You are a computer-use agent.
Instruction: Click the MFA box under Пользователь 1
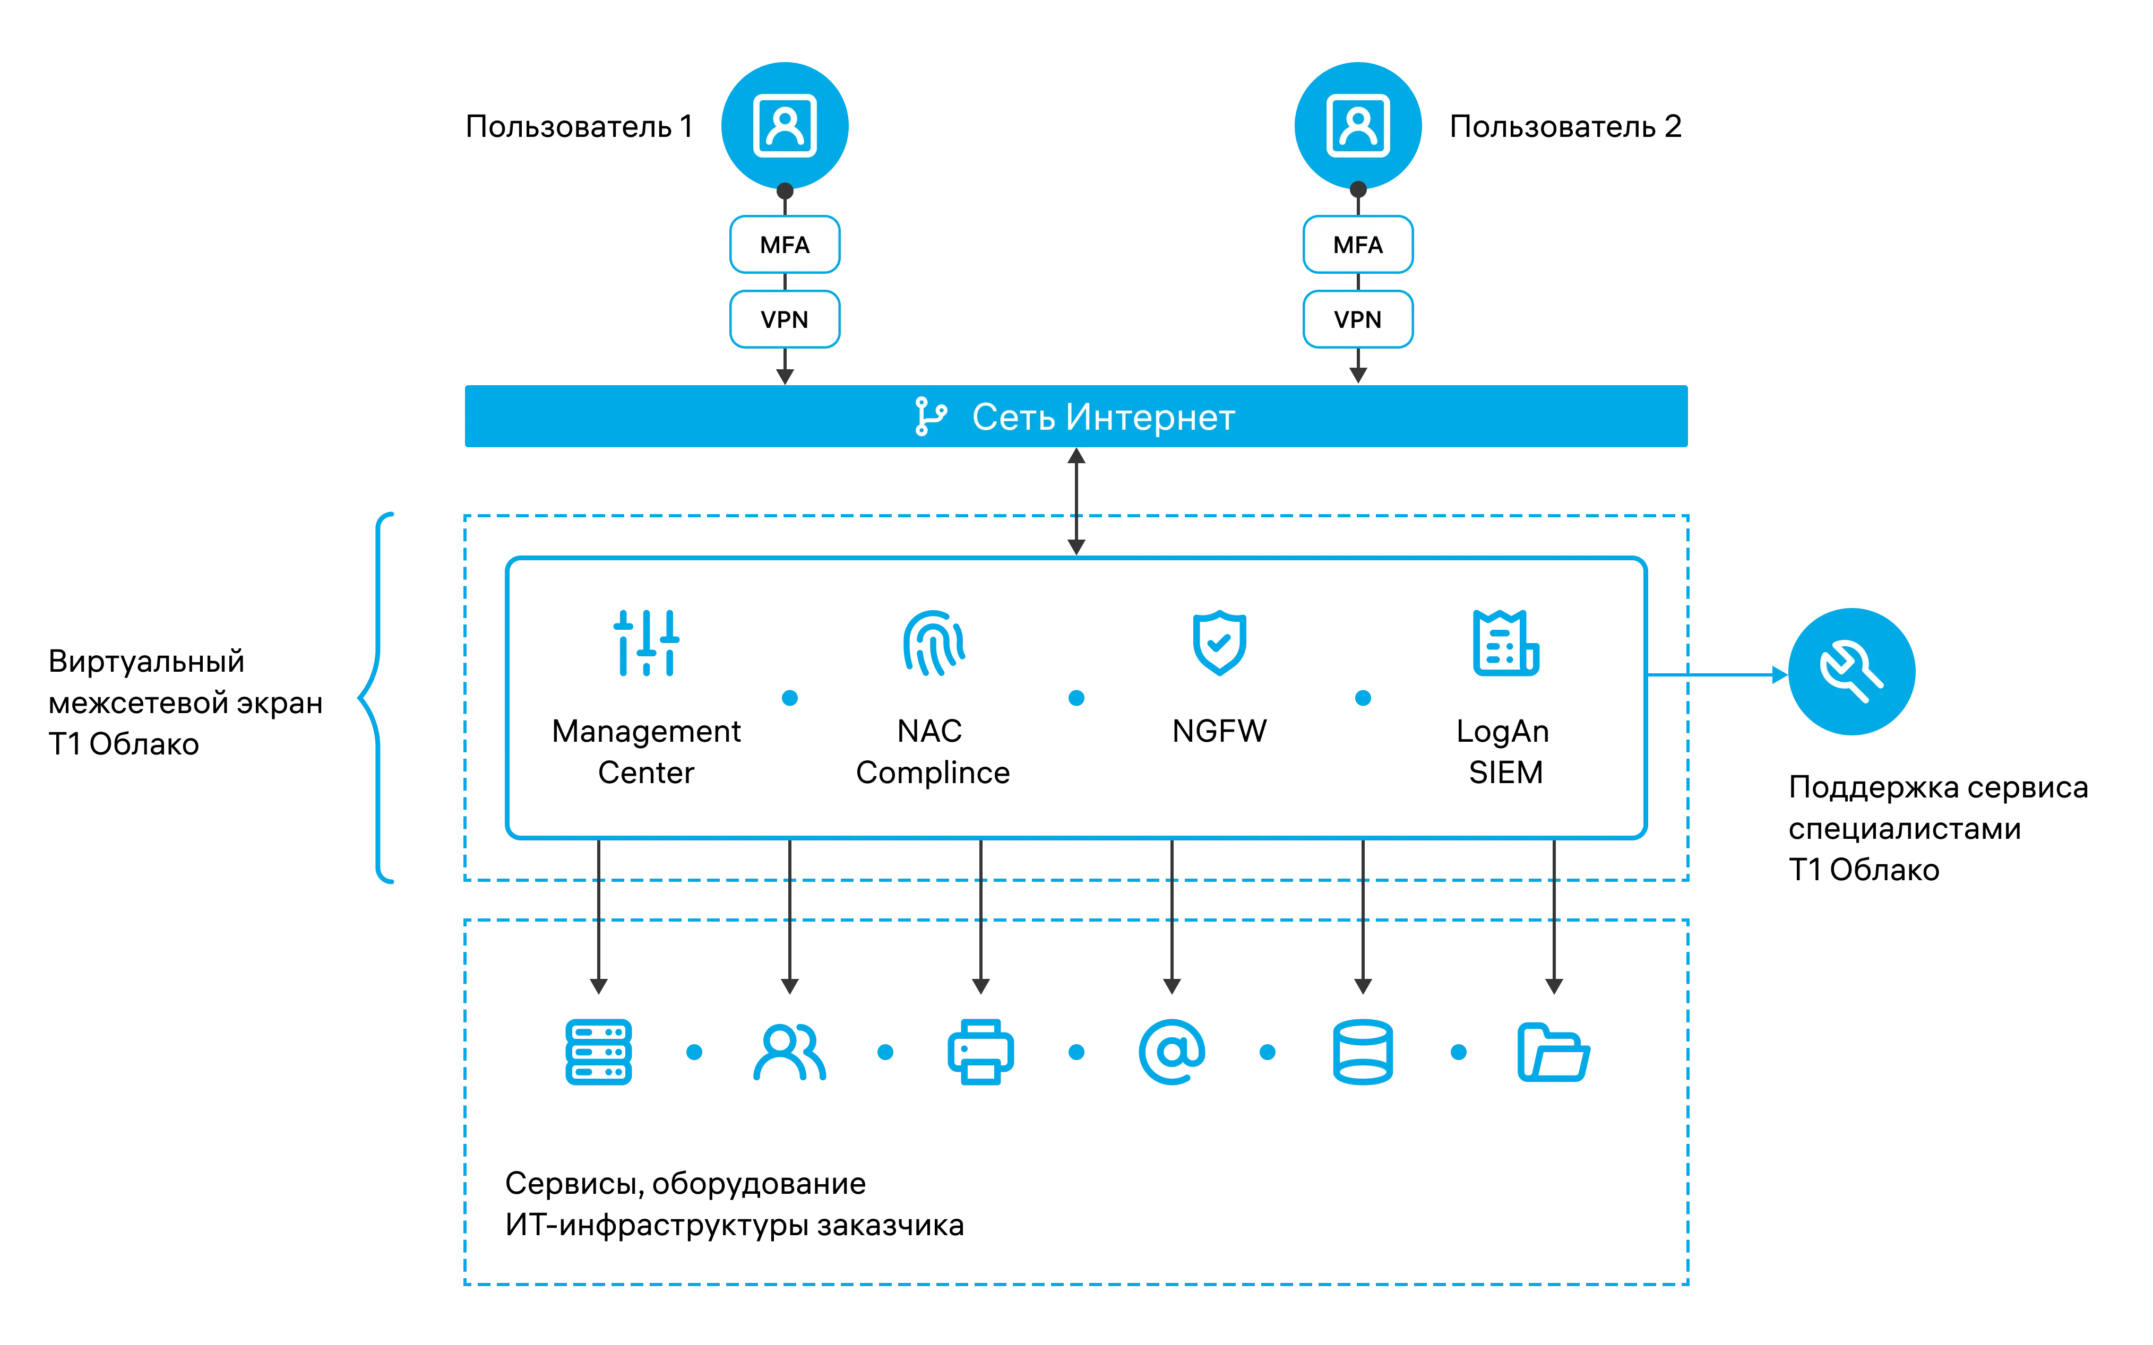[x=785, y=245]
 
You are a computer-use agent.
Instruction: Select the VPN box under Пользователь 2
[x=1358, y=319]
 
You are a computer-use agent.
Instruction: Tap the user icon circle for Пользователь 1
[x=785, y=125]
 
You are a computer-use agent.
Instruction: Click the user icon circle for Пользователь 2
[x=1358, y=125]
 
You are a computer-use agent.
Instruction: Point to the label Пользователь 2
[x=1565, y=126]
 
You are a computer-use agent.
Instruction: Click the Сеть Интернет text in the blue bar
[x=1103, y=417]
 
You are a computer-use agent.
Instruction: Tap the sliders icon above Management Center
[x=647, y=643]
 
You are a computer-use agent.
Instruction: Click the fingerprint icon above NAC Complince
[x=933, y=643]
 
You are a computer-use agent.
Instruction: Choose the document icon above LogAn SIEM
[x=1505, y=643]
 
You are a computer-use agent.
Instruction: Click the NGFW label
[x=1219, y=731]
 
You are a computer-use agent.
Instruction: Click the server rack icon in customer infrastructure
[x=599, y=1052]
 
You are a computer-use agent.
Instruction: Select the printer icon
[x=980, y=1052]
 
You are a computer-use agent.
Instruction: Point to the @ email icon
[x=1172, y=1052]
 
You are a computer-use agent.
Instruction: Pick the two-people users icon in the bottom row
[x=789, y=1052]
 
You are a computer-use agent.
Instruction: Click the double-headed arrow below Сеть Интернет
[x=1076, y=502]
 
